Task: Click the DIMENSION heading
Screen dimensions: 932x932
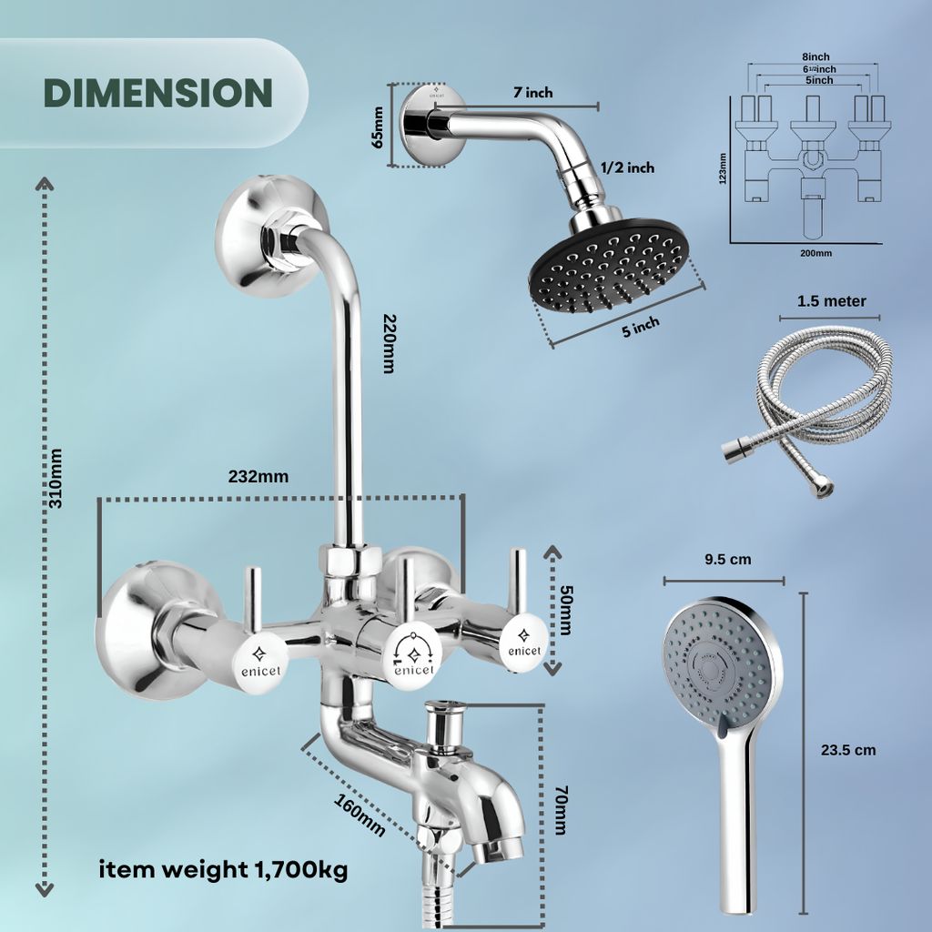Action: click(157, 93)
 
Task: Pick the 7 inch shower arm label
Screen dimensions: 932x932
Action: click(532, 93)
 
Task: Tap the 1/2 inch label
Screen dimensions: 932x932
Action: click(627, 167)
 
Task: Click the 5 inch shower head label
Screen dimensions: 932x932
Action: click(641, 327)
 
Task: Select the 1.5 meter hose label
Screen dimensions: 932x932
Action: click(831, 301)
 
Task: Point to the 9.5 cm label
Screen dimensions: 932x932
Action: click(728, 559)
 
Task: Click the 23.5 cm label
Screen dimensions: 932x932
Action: click(848, 750)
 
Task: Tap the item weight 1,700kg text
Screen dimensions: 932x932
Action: click(223, 869)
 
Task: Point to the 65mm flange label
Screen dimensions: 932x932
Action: click(378, 127)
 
